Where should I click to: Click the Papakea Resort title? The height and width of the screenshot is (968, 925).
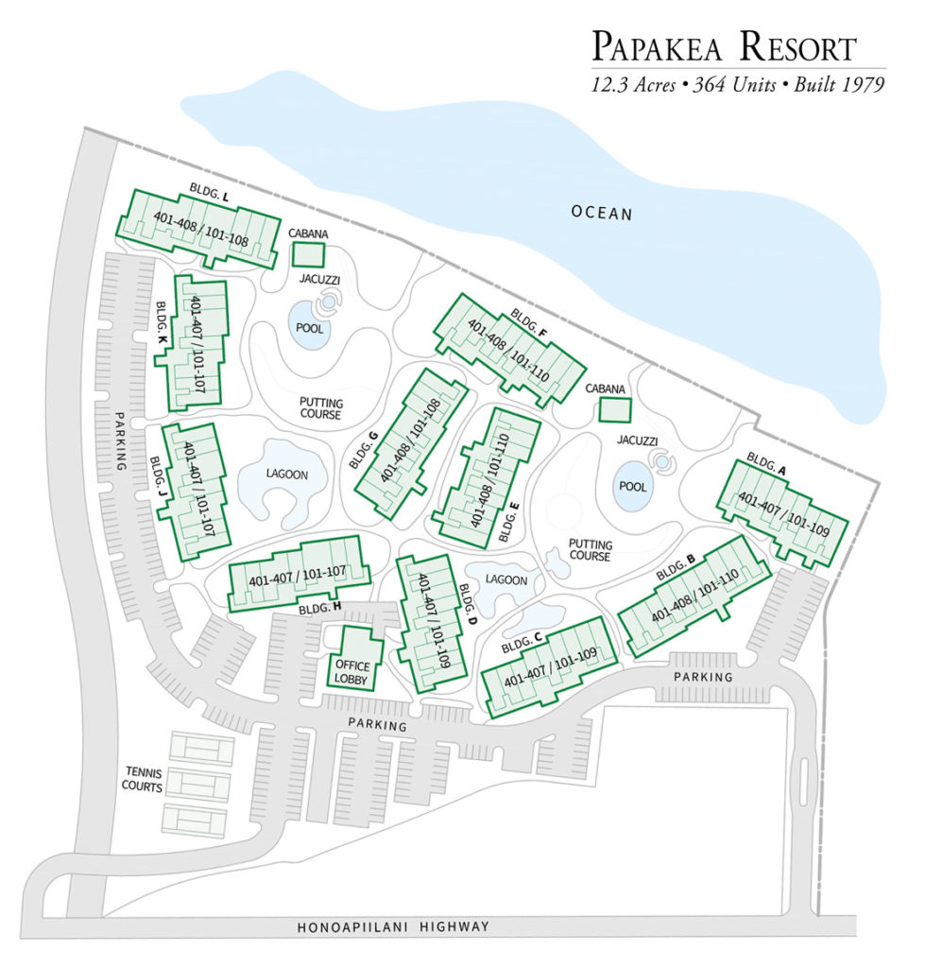coord(724,47)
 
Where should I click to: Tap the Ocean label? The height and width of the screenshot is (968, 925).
coord(601,213)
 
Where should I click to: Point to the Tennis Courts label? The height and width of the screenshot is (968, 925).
coord(142,779)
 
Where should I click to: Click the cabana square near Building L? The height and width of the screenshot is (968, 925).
coord(307,254)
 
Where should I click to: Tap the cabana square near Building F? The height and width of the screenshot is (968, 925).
coord(615,410)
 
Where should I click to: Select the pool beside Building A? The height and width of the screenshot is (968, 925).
coord(632,487)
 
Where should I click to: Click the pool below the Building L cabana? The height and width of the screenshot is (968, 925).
coord(309,327)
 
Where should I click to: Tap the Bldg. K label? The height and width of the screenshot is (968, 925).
coord(163,322)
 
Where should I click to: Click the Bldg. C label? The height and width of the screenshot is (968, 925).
coord(522,642)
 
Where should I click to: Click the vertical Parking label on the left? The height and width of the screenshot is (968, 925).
coord(121,441)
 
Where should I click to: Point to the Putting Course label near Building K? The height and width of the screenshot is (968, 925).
coord(321,408)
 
